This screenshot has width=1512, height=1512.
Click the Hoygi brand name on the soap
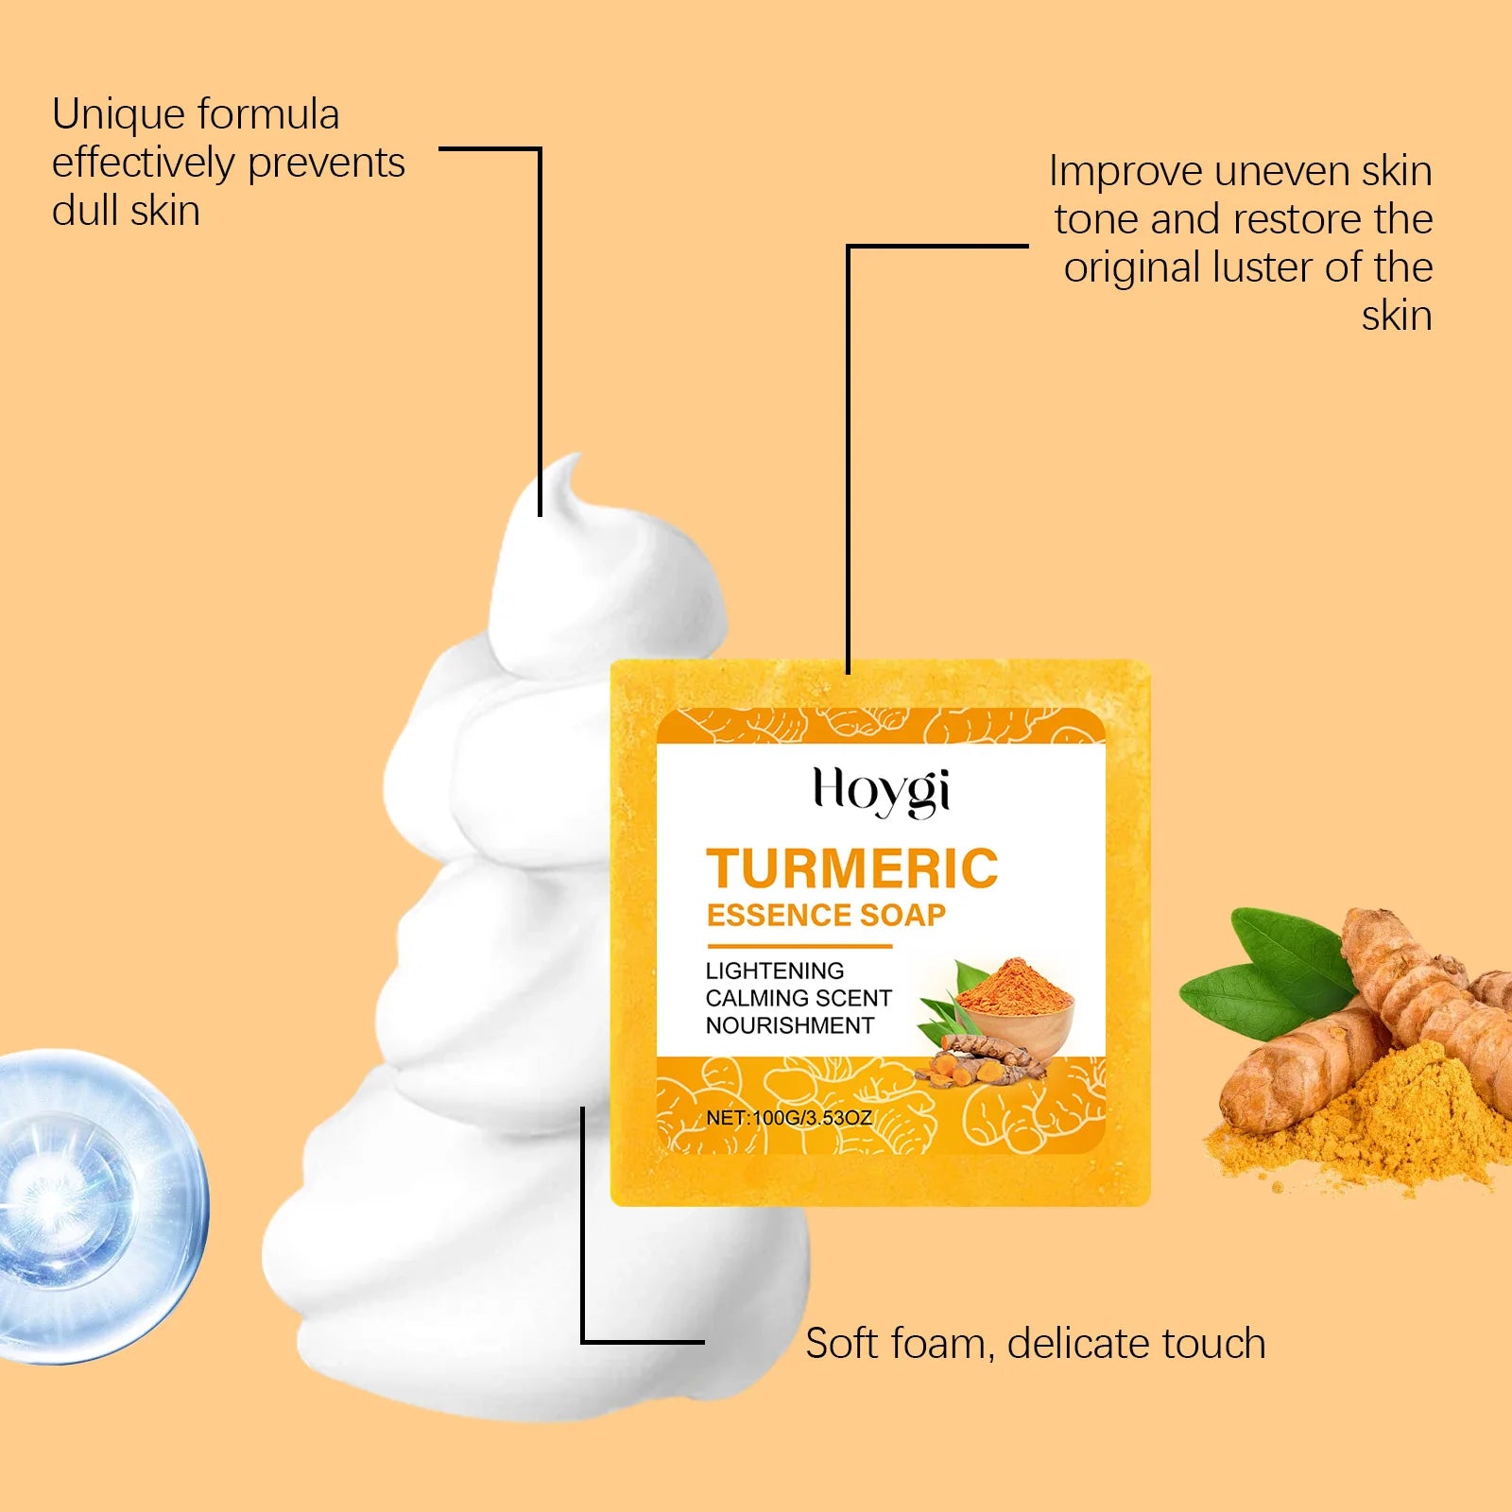click(882, 791)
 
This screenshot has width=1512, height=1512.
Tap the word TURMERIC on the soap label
click(852, 868)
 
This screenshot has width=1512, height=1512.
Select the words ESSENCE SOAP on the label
click(826, 915)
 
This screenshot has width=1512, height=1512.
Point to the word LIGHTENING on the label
click(775, 971)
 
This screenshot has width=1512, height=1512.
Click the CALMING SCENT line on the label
click(799, 998)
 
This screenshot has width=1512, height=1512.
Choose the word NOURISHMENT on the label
click(790, 1025)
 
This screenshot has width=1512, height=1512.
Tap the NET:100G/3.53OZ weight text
click(789, 1117)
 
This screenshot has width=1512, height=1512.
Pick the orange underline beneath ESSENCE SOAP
click(799, 945)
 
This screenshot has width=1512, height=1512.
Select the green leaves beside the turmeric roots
click(1266, 973)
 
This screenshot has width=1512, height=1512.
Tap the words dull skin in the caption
click(126, 211)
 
